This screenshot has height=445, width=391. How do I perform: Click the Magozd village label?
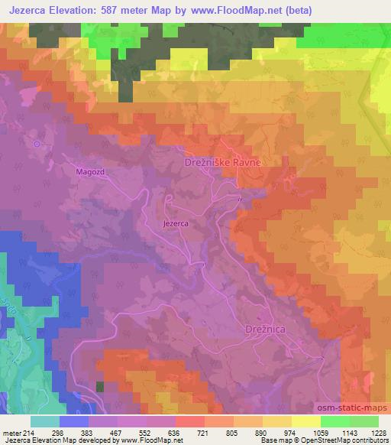[89, 172]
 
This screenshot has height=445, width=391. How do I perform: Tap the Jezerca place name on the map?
[176, 224]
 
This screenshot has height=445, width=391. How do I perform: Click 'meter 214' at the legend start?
[18, 432]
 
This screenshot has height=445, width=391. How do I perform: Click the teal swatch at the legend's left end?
[44, 421]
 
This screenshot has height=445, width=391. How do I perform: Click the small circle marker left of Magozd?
[36, 142]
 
